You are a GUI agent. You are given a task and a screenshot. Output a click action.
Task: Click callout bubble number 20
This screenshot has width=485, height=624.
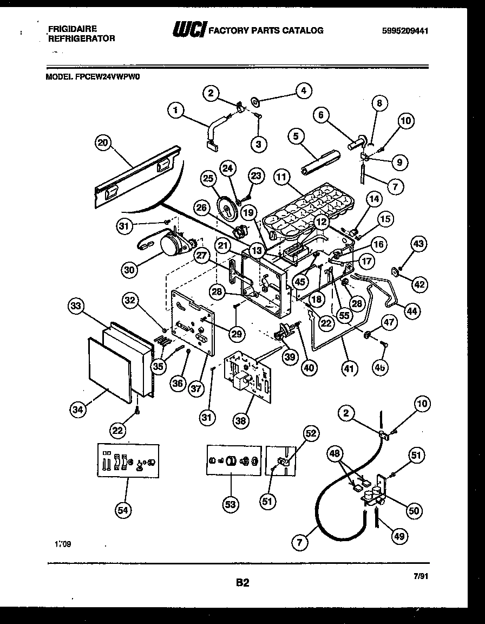[x=102, y=143]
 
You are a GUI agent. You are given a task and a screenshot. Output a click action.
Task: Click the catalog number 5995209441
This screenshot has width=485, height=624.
[x=405, y=31]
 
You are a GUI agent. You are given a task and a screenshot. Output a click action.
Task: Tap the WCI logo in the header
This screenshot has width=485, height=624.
[x=188, y=30]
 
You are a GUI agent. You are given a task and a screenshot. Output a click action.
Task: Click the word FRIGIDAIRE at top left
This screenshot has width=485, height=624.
[x=73, y=28]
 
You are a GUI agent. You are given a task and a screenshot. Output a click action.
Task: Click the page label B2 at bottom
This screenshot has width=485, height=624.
[x=242, y=583]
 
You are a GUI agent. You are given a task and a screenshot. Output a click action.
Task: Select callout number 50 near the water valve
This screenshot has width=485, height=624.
[x=415, y=510]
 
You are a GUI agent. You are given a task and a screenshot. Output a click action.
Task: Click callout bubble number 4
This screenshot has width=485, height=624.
[x=304, y=92]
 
